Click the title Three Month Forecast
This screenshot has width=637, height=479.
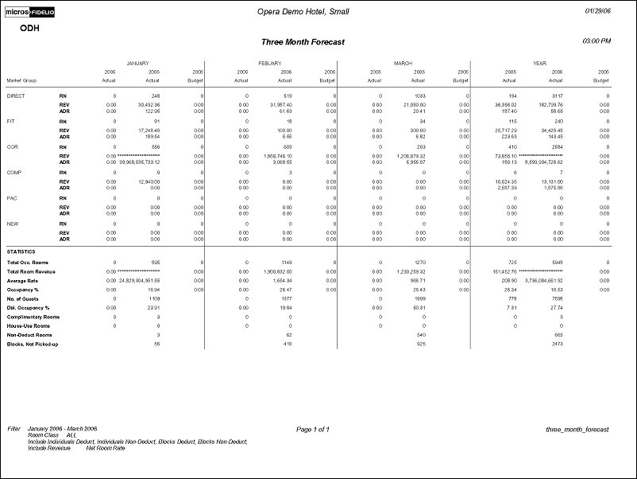tap(303, 42)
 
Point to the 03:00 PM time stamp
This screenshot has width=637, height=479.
tap(596, 40)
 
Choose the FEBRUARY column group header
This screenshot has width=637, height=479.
tap(270, 62)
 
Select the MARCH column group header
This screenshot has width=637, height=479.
tap(403, 62)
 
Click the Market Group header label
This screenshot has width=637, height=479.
tap(23, 80)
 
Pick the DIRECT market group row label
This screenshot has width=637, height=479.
tap(15, 95)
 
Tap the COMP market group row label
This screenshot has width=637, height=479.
tap(14, 172)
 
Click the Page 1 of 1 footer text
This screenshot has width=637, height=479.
tap(312, 430)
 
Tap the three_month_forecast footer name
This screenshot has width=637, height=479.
tap(577, 430)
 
